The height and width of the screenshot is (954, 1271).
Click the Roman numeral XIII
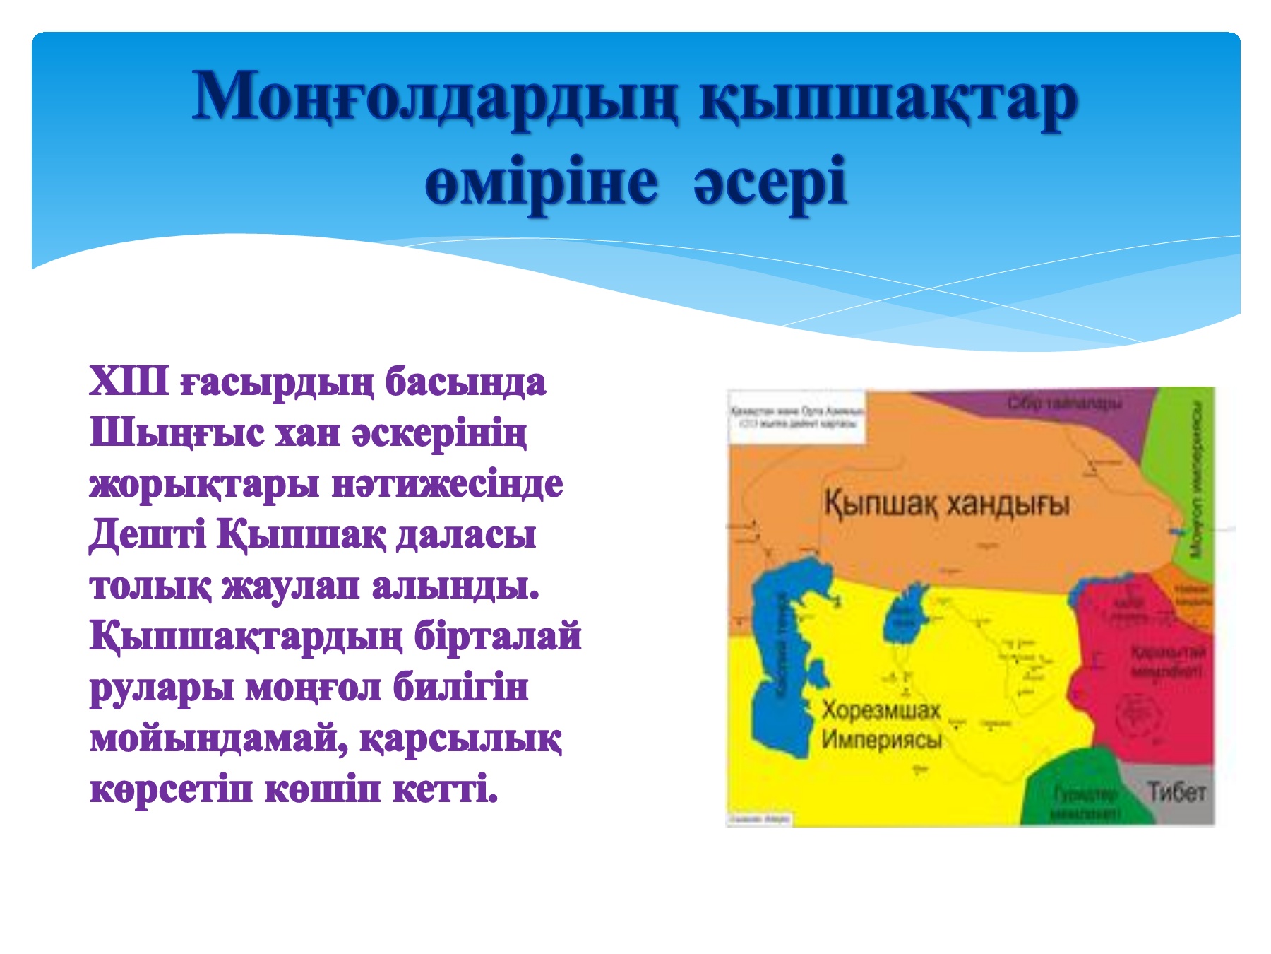click(x=129, y=382)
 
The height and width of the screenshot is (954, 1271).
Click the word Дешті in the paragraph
click(x=147, y=535)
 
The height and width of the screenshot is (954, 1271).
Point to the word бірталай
click(x=497, y=637)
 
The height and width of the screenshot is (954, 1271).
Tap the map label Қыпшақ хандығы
click(x=946, y=505)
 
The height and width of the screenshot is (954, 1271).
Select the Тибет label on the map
click(x=1176, y=791)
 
